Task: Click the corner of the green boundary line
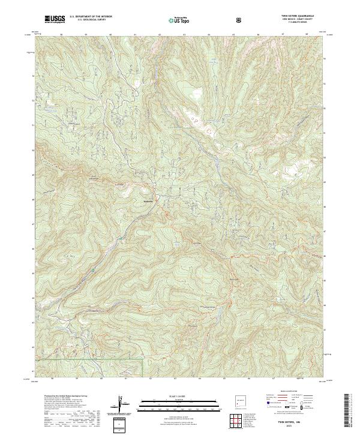click(142, 360)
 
